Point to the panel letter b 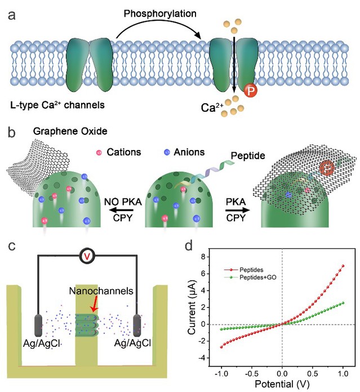[x=11, y=135]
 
